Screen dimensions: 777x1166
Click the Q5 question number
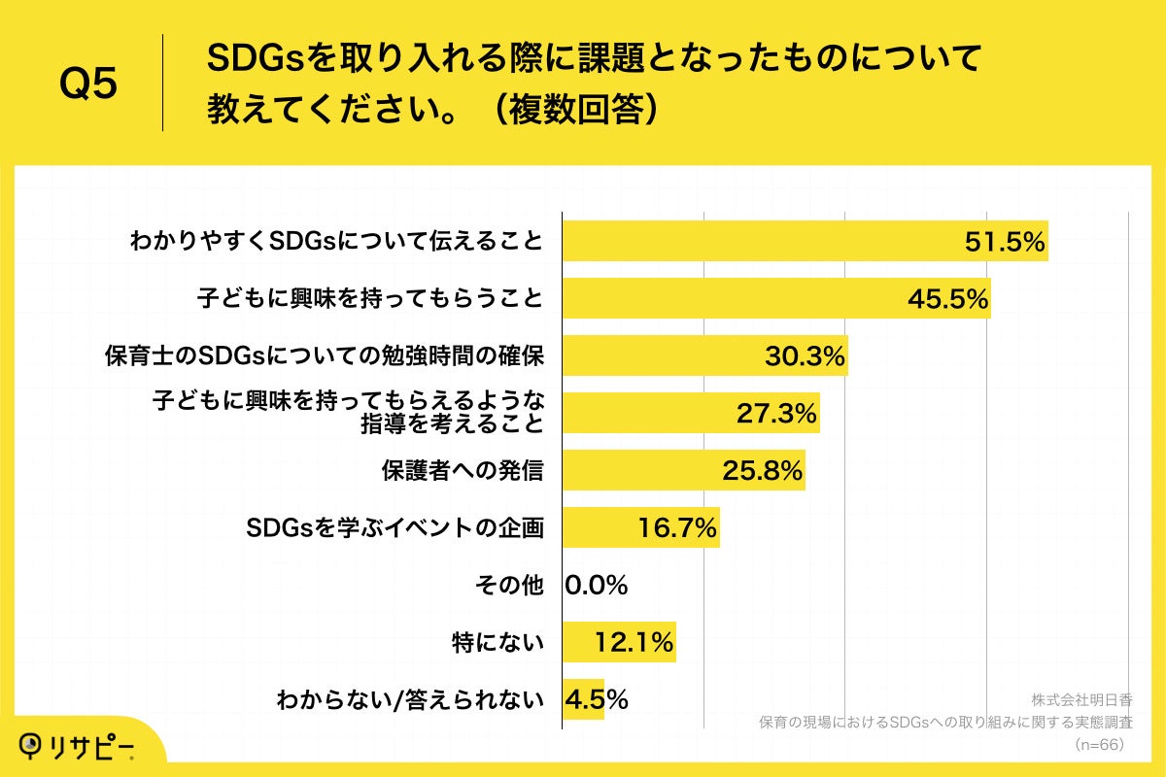tap(88, 84)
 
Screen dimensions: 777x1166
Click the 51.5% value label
tap(1004, 243)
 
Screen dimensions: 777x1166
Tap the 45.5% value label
tap(947, 299)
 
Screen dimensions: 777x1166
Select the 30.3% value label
tap(805, 356)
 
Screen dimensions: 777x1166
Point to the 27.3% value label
tap(775, 414)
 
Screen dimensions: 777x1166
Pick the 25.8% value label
tap(762, 471)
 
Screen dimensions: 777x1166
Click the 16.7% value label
tap(677, 528)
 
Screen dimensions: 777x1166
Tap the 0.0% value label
tap(597, 586)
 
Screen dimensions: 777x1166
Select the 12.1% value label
tap(634, 642)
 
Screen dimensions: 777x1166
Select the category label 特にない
tap(497, 642)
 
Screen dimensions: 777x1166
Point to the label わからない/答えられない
tap(409, 699)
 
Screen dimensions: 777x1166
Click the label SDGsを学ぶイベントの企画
tap(394, 528)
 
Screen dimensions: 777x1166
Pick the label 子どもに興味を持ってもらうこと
tap(369, 299)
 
